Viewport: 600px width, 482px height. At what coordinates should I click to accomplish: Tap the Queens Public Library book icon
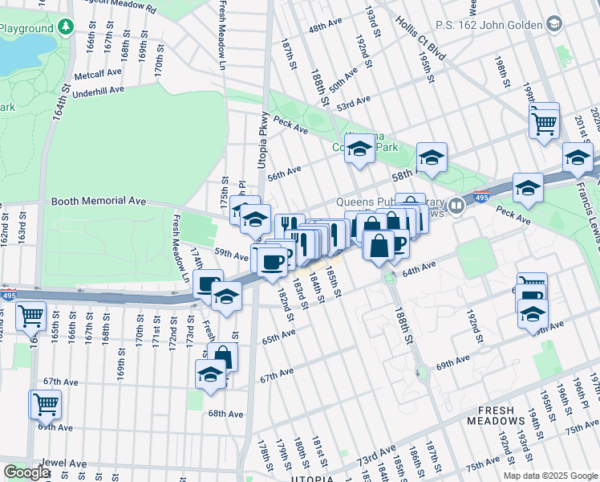tap(456, 206)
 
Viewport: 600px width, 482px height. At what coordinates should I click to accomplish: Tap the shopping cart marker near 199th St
tap(544, 124)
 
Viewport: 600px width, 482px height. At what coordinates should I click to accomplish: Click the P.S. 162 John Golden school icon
tap(553, 26)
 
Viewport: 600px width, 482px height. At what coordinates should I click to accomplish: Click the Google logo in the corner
tap(26, 472)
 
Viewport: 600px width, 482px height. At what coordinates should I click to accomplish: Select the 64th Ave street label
tap(419, 268)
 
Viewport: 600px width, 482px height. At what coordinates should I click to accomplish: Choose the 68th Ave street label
tap(225, 414)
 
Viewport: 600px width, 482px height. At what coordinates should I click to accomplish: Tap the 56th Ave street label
tap(284, 173)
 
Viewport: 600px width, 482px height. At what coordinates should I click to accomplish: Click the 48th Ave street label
tap(325, 27)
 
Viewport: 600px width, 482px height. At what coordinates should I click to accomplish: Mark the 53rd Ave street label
tap(354, 103)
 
